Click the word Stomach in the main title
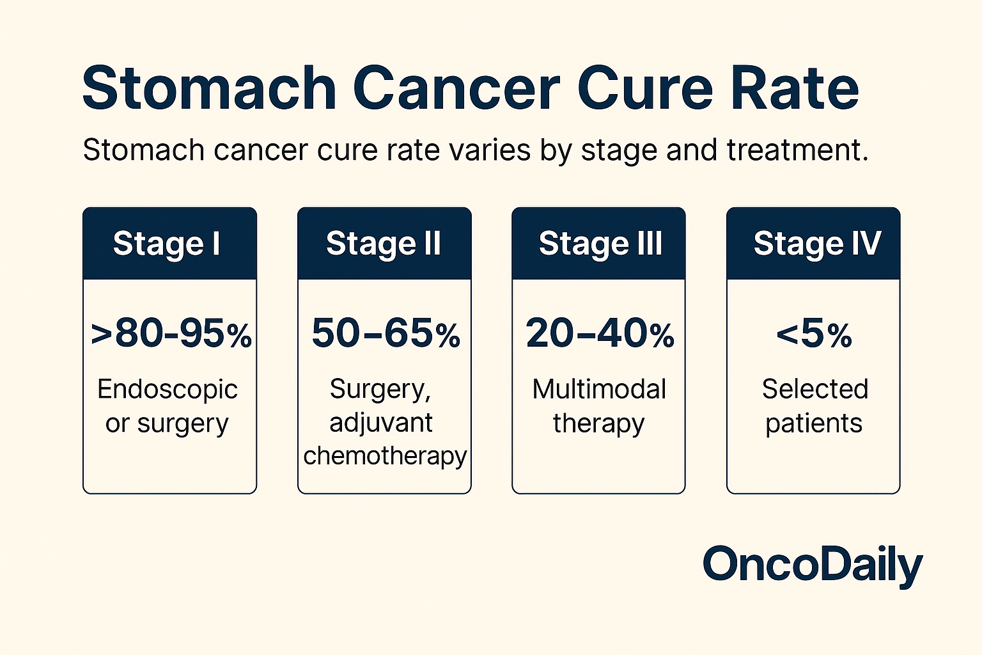click(209, 88)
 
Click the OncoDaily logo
click(813, 565)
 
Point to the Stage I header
click(167, 244)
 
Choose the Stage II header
click(384, 244)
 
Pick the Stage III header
click(600, 244)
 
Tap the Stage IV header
click(817, 244)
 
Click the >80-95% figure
click(171, 334)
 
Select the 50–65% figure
click(386, 334)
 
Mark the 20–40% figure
click(600, 334)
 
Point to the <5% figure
click(814, 334)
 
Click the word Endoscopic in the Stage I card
click(168, 390)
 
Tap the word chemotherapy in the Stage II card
click(385, 456)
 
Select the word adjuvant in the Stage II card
click(381, 423)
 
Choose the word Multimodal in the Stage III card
click(599, 390)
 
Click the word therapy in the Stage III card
click(598, 423)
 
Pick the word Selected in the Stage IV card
click(815, 390)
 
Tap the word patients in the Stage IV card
click(814, 423)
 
